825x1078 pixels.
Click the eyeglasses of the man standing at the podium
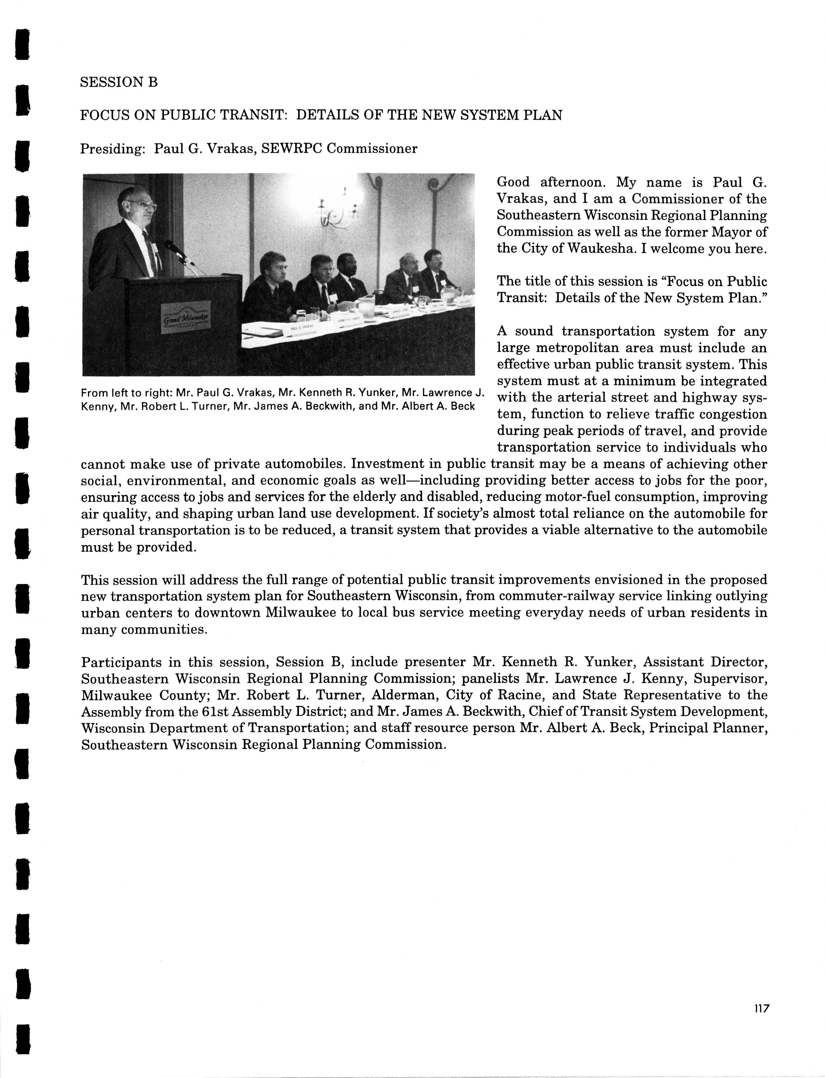(145, 204)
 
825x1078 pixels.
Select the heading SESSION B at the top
(119, 82)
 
